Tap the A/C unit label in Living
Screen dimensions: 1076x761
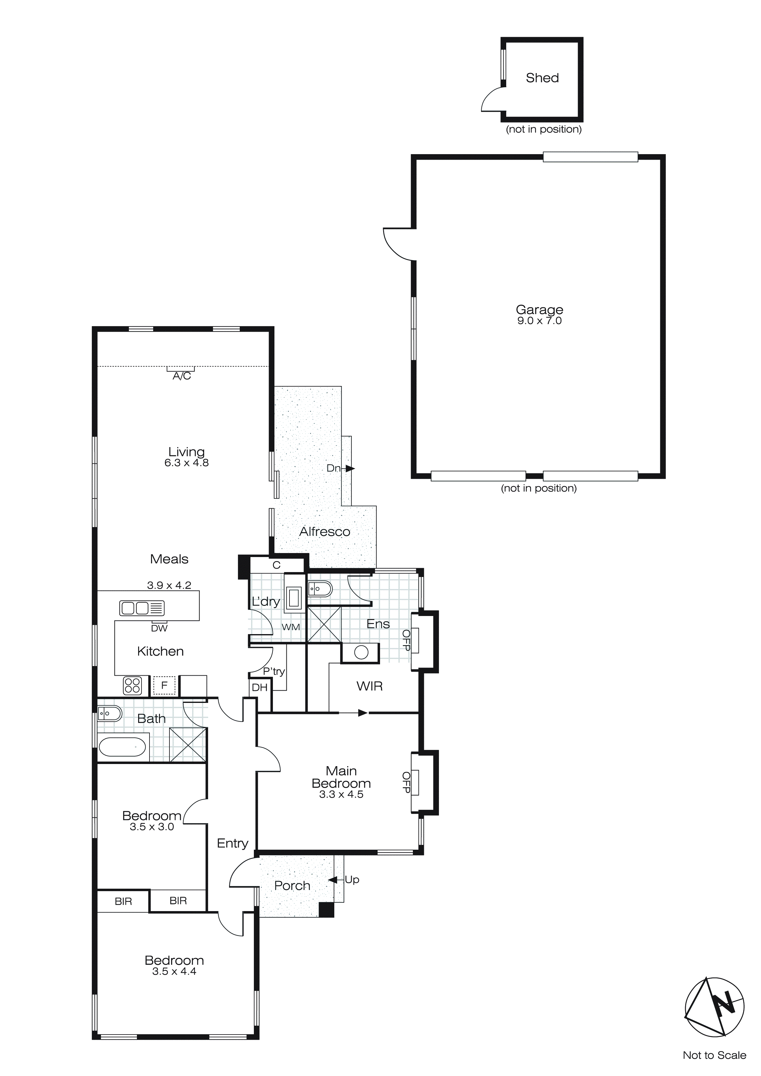click(182, 376)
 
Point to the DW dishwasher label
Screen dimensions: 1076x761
click(159, 629)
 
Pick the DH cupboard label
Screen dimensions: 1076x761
click(260, 688)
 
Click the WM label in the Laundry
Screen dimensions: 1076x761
click(290, 627)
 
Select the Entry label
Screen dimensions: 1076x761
click(232, 844)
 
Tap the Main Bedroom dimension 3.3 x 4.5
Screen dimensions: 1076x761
click(341, 794)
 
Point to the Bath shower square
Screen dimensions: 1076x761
click(188, 745)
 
